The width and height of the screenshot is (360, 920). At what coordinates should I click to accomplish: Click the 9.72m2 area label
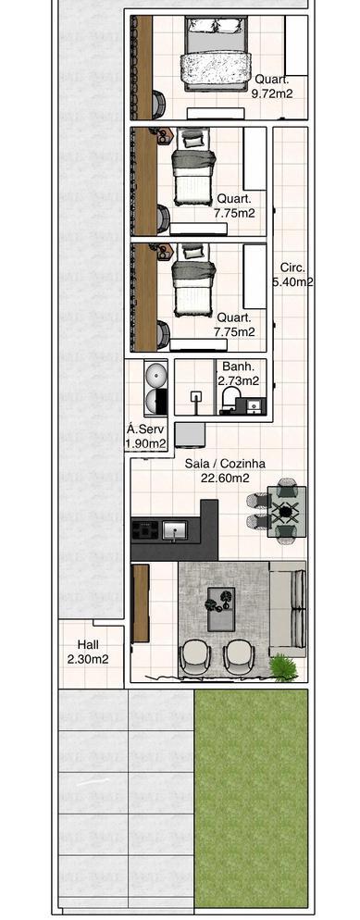click(271, 93)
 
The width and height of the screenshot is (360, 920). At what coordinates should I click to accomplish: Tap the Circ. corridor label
click(292, 267)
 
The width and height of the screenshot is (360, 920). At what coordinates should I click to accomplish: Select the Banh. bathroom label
click(238, 367)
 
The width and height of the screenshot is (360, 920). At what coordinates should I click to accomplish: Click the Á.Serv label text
click(146, 429)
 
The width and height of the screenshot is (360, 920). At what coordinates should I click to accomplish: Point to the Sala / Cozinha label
click(225, 464)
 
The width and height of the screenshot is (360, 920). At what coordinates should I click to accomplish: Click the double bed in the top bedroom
click(215, 54)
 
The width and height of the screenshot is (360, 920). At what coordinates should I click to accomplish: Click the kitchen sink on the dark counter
click(175, 530)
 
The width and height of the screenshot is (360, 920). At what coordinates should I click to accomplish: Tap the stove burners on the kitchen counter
click(143, 530)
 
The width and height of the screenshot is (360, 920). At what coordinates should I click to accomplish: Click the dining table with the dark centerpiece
click(286, 512)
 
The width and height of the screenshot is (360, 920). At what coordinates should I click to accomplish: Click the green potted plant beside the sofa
click(282, 667)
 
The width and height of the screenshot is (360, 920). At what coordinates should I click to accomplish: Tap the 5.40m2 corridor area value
click(292, 282)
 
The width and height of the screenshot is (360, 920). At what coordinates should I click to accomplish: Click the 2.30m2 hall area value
click(88, 660)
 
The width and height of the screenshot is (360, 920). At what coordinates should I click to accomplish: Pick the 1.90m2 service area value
click(145, 443)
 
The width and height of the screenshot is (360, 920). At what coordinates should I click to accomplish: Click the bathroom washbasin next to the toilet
click(254, 405)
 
